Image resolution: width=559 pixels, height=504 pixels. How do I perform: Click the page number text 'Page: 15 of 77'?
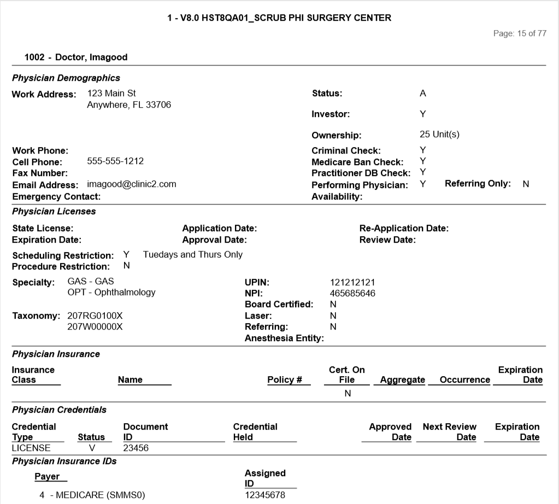pos(519,33)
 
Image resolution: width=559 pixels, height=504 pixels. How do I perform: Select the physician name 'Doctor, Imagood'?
pos(91,57)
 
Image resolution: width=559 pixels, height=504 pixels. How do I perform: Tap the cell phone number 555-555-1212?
pos(115,161)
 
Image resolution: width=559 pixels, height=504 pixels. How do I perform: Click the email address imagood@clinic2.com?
pos(132,184)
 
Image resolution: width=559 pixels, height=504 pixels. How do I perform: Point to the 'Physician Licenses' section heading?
pos(54,211)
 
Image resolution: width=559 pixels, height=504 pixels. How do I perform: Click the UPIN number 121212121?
pos(352,283)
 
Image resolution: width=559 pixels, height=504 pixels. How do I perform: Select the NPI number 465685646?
pos(352,294)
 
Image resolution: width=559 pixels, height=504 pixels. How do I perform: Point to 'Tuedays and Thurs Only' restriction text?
pos(193,255)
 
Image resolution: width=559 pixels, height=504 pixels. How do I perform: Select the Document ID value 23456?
pos(136,448)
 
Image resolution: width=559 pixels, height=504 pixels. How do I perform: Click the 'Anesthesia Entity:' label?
pos(284,338)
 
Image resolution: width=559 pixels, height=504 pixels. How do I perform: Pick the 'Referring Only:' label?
pos(478,184)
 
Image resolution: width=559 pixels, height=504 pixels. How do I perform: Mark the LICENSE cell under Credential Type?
pos(31,448)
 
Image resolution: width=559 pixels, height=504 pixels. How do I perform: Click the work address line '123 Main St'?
pos(111,93)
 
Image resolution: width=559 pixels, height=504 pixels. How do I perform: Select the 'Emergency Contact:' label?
pos(56,197)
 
